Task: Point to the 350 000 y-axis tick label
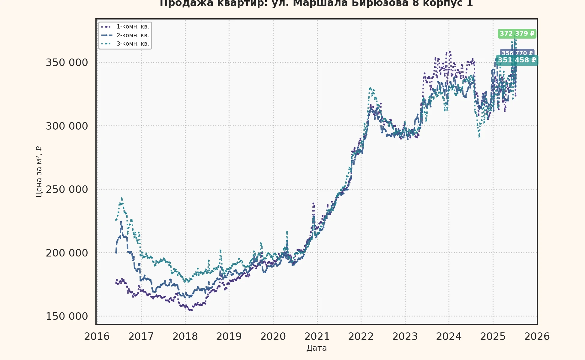coord(67,63)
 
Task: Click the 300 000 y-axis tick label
coord(67,126)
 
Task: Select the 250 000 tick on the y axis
coord(67,190)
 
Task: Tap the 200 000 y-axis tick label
coord(67,253)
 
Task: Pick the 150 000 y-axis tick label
coord(67,316)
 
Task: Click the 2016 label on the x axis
coord(97,337)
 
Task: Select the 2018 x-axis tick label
coord(185,337)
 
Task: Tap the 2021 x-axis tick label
coord(317,337)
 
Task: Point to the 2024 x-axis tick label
coord(449,337)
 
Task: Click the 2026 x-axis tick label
coord(537,337)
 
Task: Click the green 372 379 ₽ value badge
coord(517,34)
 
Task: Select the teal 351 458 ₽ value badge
coord(517,60)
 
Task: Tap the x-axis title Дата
coord(316,348)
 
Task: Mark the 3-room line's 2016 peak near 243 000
coord(121,198)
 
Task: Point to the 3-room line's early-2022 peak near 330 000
coord(370,88)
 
